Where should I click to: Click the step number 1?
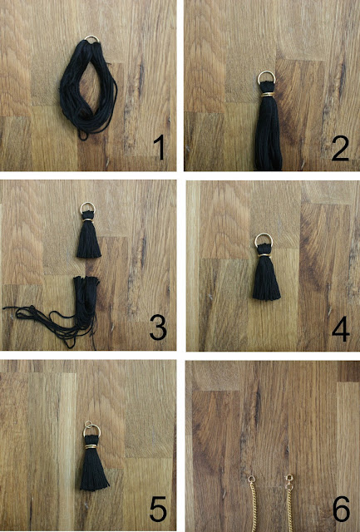click(x=160, y=148)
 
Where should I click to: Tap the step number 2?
click(x=340, y=149)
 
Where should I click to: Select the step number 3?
click(x=158, y=328)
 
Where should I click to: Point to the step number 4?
click(x=341, y=329)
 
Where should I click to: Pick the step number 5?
click(x=158, y=509)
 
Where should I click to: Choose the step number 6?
click(x=341, y=509)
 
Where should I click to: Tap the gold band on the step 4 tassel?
click(x=264, y=254)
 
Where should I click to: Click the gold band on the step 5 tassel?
click(x=91, y=446)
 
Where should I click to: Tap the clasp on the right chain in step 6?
click(x=289, y=479)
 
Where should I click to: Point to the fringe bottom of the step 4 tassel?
click(x=267, y=296)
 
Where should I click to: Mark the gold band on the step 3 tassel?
click(x=88, y=220)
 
